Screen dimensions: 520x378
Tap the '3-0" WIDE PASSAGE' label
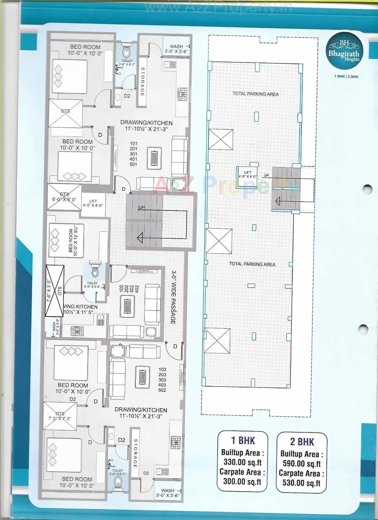(x=174, y=297)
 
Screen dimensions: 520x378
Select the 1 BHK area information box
(x=242, y=462)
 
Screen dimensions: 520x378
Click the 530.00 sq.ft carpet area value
(x=301, y=483)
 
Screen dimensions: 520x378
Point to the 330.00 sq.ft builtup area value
(x=242, y=462)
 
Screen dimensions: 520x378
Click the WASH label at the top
(x=176, y=46)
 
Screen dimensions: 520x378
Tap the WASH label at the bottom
(x=168, y=490)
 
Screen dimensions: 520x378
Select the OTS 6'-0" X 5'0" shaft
(x=64, y=197)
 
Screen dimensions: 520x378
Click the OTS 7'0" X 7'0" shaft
(x=60, y=416)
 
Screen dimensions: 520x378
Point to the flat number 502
(x=162, y=390)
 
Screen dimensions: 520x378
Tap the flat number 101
(x=133, y=144)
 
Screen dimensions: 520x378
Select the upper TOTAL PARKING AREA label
(x=255, y=94)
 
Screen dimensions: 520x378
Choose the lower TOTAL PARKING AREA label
(x=252, y=264)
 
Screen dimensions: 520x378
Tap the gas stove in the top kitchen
(x=182, y=93)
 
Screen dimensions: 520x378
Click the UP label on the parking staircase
(x=266, y=175)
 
